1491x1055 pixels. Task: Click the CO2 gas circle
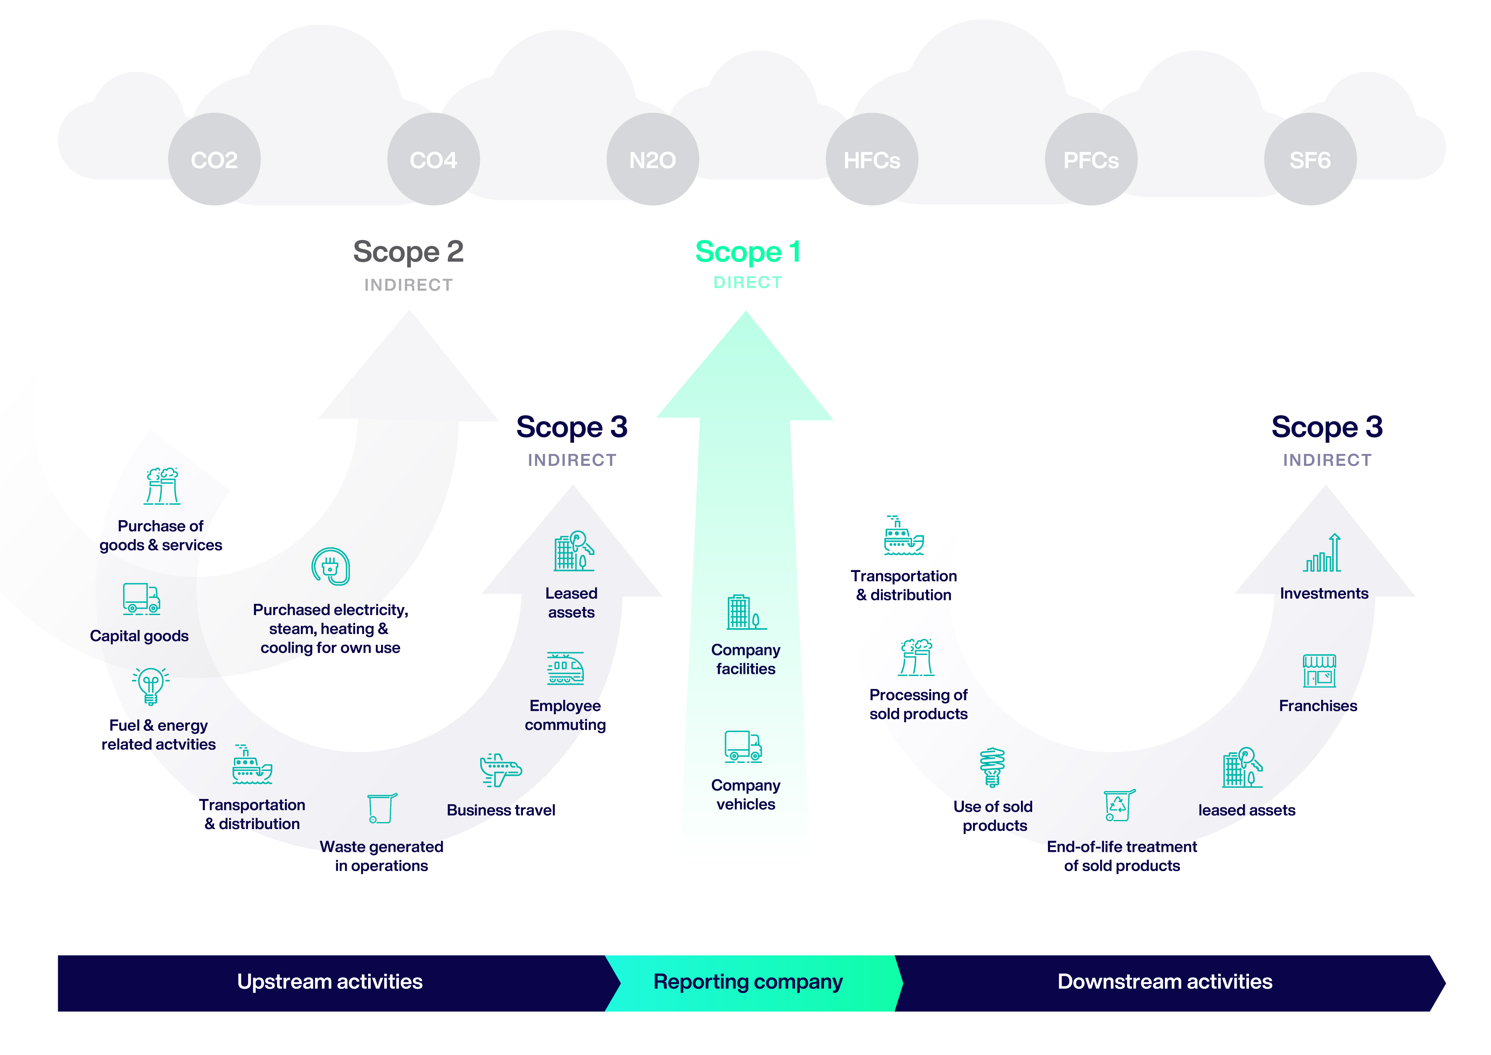(214, 159)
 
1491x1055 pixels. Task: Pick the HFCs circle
(872, 159)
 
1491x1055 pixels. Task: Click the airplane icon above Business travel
(500, 770)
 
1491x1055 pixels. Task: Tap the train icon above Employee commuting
(565, 668)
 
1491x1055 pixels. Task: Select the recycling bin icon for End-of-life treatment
(1119, 806)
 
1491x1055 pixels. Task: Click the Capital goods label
(139, 636)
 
